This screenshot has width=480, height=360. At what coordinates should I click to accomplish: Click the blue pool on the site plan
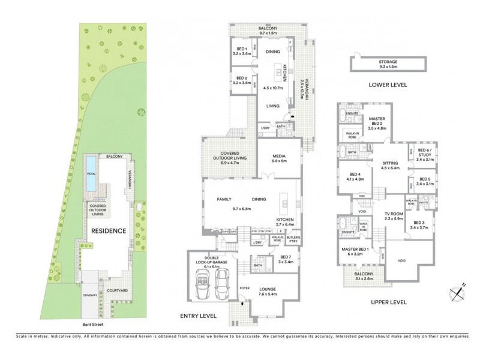click(91, 173)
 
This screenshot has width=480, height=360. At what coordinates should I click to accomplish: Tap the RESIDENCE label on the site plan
click(109, 230)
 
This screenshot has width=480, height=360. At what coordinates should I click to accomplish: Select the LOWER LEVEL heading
click(388, 85)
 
